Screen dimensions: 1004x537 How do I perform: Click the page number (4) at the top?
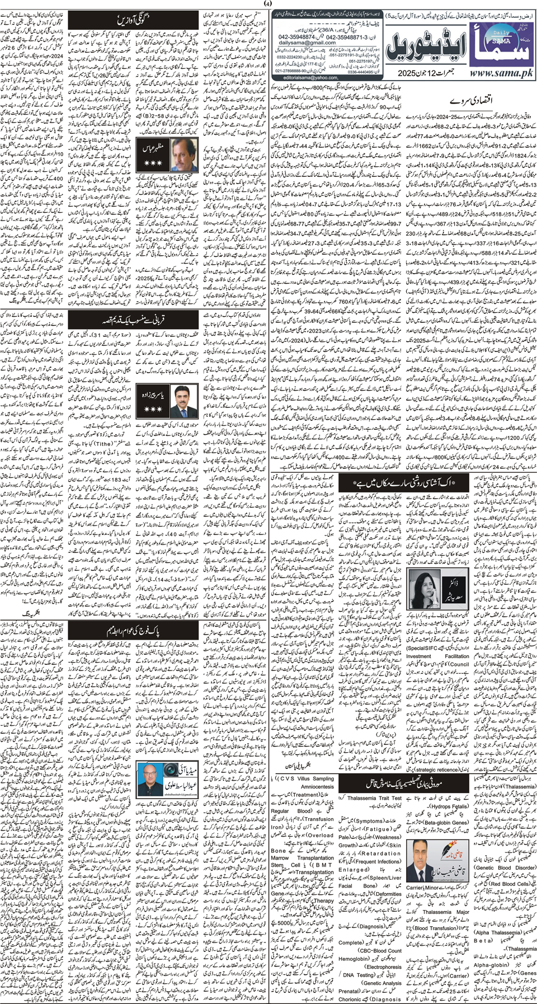tap(267, 4)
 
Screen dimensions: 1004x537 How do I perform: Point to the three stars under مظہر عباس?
tap(153, 163)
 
